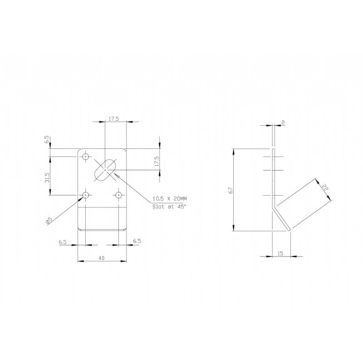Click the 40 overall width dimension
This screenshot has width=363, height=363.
click(x=101, y=258)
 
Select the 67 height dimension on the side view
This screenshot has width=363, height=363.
click(x=231, y=191)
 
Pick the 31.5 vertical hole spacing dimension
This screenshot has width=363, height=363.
click(x=47, y=177)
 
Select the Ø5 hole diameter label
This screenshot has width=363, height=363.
click(x=48, y=221)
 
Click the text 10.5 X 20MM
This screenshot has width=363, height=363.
click(x=169, y=199)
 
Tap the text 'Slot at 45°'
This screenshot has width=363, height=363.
click(x=169, y=206)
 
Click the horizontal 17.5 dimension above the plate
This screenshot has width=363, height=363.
click(x=113, y=119)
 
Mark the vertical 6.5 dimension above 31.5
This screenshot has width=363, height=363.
click(x=47, y=140)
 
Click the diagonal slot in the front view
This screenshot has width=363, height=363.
click(x=105, y=169)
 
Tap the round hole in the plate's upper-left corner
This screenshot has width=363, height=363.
click(x=85, y=157)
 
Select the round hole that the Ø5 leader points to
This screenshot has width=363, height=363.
click(x=85, y=195)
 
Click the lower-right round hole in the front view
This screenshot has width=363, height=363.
click(x=118, y=195)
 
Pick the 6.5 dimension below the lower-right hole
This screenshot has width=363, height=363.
click(x=137, y=241)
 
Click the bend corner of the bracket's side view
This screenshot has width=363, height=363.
click(x=273, y=209)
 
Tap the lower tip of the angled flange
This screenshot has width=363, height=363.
click(x=289, y=231)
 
